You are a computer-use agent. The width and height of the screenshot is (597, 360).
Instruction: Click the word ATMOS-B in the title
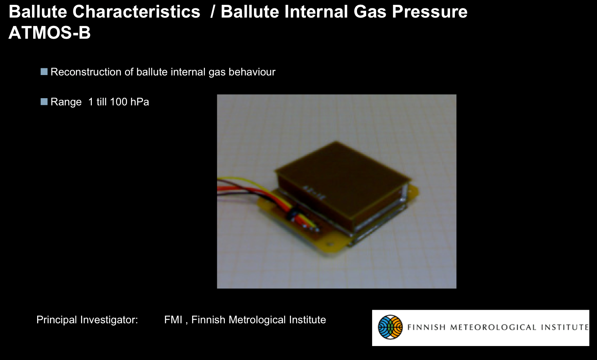tap(50, 33)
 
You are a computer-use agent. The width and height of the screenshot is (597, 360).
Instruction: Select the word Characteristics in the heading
tap(136, 12)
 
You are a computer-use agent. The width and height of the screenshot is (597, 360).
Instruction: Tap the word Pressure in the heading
tap(430, 12)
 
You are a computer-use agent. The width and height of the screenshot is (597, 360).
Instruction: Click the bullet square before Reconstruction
tap(44, 72)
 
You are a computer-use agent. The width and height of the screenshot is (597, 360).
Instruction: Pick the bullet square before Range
tap(44, 102)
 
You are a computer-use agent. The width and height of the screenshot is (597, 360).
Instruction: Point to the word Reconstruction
tap(86, 72)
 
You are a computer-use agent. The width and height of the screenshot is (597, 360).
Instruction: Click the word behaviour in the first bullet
tap(252, 72)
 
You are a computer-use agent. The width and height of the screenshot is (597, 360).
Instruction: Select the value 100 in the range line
tap(118, 102)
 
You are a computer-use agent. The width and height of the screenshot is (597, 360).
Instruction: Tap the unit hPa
tap(140, 102)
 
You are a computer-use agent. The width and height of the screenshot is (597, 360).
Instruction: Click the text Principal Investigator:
tap(87, 320)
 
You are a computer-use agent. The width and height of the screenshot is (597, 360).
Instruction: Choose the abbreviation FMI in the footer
tap(173, 320)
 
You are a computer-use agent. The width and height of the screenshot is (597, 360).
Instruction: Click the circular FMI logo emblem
tap(390, 327)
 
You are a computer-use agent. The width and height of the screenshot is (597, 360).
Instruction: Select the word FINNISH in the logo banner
tap(426, 327)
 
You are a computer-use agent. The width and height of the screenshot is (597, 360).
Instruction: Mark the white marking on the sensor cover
tap(315, 193)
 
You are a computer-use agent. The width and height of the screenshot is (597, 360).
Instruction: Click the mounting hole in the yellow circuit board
tap(330, 244)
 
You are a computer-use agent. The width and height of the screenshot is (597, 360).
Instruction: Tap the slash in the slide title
tap(212, 12)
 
